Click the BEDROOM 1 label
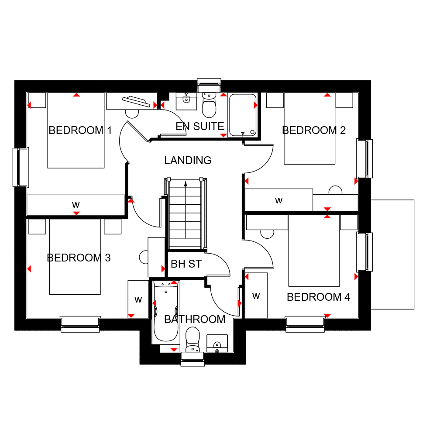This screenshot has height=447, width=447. tap(80, 130)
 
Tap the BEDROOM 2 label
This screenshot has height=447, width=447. tap(314, 130)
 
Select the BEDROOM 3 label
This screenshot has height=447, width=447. tap(79, 258)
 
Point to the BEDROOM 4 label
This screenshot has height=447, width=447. tap(318, 297)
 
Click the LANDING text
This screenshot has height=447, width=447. tap(188, 160)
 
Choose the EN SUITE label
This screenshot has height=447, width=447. tap(200, 126)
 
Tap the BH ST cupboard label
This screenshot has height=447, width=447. tap(186, 264)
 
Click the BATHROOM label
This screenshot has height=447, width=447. tap(195, 319)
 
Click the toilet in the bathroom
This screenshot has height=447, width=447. tap(193, 339)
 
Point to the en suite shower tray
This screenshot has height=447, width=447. tap(243, 115)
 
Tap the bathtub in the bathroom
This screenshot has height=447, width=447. tap(166, 312)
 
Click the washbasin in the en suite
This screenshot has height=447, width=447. tap(186, 101)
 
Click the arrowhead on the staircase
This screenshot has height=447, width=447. tap(186, 184)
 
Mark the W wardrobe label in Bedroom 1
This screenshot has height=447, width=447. tap(76, 205)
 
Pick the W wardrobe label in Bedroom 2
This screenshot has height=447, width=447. tap(279, 200)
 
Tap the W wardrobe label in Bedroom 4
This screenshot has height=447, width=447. tap(256, 296)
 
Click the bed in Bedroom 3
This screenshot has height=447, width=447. tap(75, 257)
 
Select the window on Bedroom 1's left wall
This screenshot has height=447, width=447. tap(21, 167)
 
